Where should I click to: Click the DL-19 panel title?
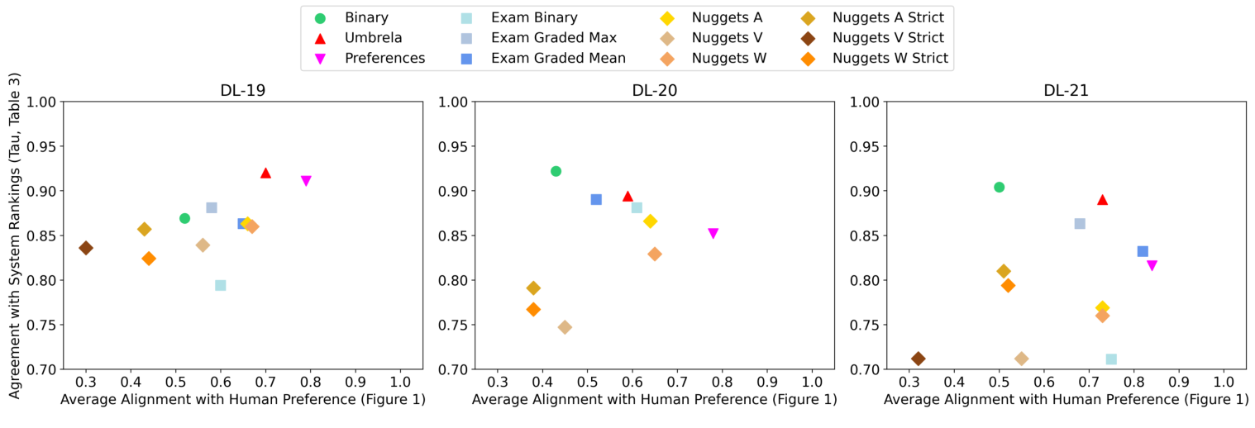click(x=242, y=91)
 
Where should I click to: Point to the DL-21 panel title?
click(x=1066, y=91)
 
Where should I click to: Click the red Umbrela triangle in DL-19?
click(x=265, y=173)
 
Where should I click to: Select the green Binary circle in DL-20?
click(x=556, y=171)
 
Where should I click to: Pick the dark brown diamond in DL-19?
click(x=86, y=248)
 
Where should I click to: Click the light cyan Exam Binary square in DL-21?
click(x=1111, y=359)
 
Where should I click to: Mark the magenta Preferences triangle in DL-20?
click(x=713, y=233)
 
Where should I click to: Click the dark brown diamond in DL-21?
click(x=918, y=359)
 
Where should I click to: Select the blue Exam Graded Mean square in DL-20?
click(x=596, y=199)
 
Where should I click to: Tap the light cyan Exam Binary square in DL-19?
click(x=221, y=285)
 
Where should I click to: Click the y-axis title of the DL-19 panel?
click(x=15, y=235)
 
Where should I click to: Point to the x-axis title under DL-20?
click(x=654, y=400)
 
